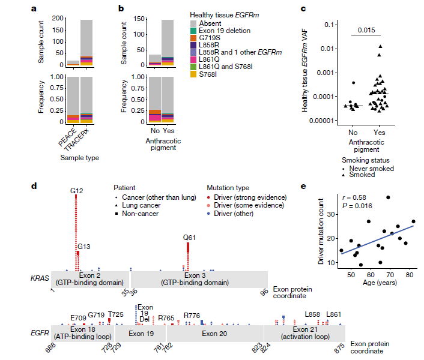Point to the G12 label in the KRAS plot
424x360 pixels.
tap(76, 191)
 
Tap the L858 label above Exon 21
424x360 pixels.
tap(312, 314)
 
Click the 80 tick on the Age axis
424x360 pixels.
tap(409, 275)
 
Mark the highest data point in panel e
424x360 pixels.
tap(389, 197)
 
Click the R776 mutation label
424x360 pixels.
tap(192, 315)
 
